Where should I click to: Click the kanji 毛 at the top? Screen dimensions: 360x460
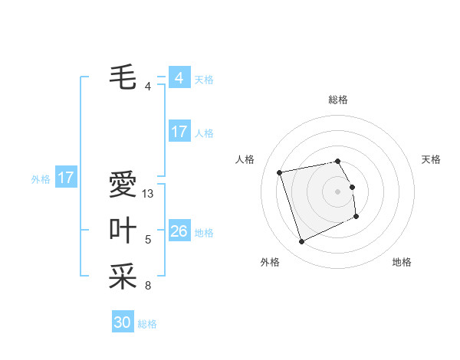123,77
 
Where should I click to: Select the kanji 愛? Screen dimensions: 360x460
123,185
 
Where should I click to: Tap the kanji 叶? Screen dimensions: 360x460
123,231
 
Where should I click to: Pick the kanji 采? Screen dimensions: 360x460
123,277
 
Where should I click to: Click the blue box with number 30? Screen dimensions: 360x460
123,322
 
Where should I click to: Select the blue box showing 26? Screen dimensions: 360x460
179,231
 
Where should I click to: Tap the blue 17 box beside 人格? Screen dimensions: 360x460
179,132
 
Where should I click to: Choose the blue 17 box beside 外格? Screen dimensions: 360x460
66,178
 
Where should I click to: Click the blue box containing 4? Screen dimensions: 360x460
179,78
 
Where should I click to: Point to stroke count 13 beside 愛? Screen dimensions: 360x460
148,194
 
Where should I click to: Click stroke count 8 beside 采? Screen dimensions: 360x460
148,286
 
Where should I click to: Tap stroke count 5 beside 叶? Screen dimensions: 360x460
148,240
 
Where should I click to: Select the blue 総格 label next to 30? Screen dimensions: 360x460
147,324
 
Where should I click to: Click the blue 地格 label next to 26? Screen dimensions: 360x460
204,233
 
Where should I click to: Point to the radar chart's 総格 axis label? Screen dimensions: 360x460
338,100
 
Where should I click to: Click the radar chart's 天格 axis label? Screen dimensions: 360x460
432,159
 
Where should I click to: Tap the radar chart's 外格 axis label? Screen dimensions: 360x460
270,262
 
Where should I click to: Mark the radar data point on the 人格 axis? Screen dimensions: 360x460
280,172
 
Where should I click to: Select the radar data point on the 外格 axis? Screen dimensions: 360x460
301,242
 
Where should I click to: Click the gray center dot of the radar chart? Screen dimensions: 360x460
338,191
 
